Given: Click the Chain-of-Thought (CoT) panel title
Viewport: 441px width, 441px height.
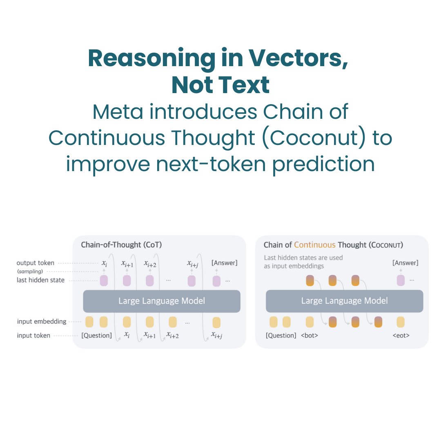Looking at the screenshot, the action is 121,245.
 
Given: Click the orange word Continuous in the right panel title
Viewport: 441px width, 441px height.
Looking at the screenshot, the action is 314,245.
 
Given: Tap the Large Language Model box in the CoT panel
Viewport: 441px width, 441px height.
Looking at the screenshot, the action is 162,301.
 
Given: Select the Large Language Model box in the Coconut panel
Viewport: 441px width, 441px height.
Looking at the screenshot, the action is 344,301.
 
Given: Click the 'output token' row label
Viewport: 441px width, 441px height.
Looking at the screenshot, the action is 36,263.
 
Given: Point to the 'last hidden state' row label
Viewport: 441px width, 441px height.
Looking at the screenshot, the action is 40,280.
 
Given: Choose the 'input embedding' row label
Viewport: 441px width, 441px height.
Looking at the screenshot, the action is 42,321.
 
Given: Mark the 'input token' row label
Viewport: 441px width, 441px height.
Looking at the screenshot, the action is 34,336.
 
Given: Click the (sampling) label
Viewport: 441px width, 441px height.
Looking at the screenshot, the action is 30,271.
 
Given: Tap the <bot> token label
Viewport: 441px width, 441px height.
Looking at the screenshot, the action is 309,336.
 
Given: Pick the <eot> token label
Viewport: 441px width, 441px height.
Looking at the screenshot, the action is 401,336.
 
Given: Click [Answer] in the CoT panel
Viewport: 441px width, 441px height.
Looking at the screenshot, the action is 224,263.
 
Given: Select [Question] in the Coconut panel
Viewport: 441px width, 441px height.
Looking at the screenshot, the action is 281,336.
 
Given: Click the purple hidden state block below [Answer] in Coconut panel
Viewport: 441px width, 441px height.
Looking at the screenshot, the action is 401,281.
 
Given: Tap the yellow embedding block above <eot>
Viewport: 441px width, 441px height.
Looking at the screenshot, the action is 401,322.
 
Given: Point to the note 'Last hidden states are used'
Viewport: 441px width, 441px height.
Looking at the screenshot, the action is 303,258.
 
